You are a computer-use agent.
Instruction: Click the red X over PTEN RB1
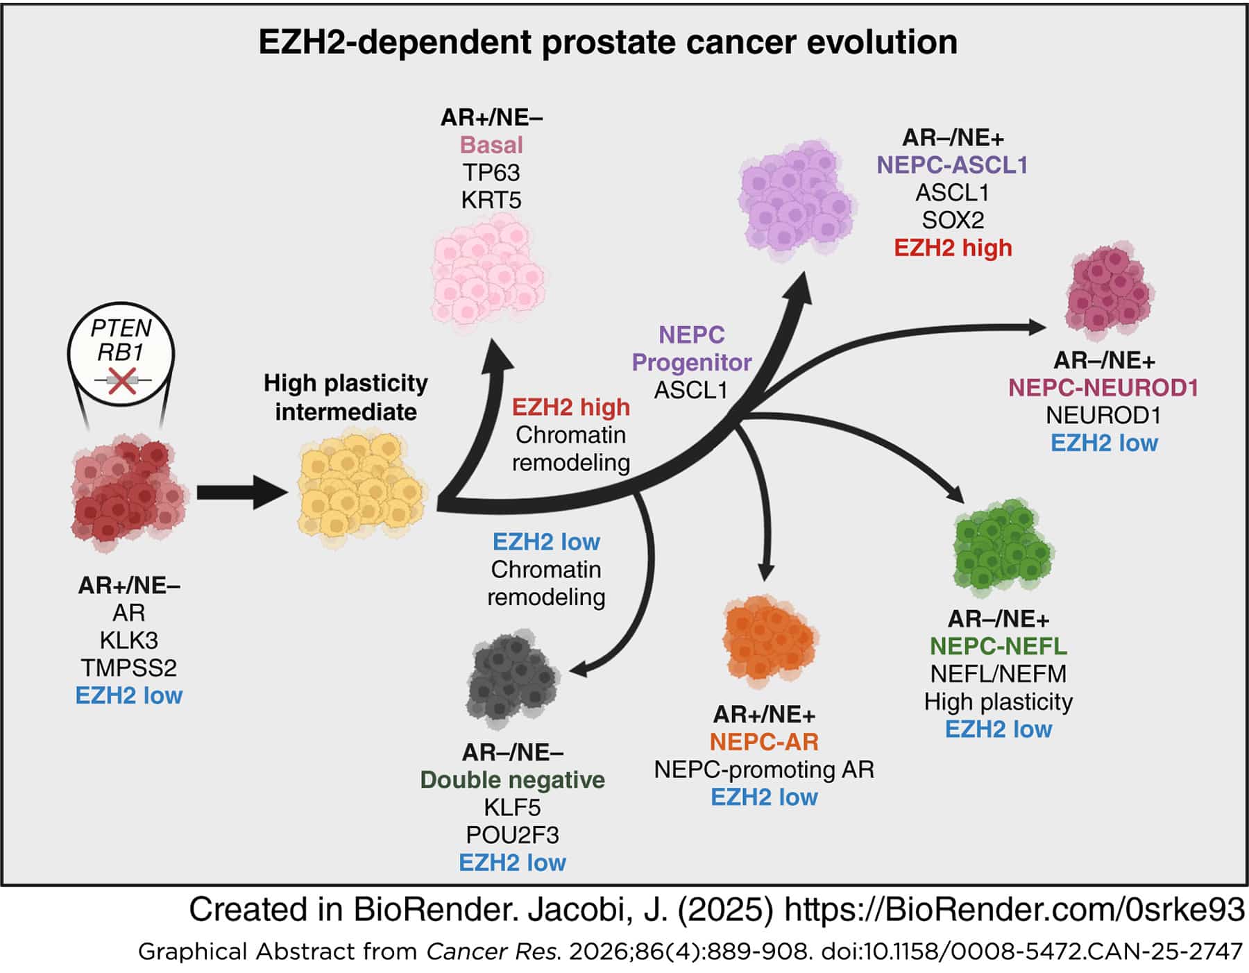click(122, 381)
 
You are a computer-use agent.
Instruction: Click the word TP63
click(491, 173)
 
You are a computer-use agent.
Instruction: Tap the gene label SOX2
click(953, 221)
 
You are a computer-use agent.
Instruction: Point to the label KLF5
click(512, 807)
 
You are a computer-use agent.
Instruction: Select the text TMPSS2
click(129, 668)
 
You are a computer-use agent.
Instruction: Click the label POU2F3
click(512, 835)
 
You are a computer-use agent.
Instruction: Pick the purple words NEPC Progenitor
click(691, 348)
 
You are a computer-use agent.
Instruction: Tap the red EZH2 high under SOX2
click(953, 248)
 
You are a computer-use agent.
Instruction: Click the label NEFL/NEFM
click(998, 674)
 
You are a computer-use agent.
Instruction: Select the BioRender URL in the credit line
click(1014, 910)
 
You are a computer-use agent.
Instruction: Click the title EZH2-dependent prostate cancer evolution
click(608, 42)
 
